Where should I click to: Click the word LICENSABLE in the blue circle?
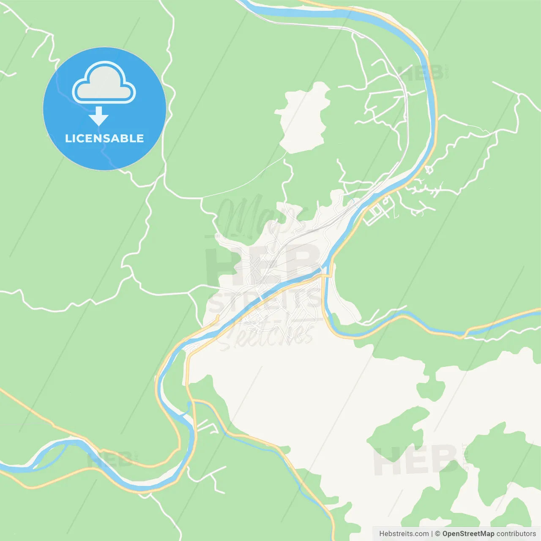[x=104, y=138]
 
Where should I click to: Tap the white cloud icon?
[x=104, y=83]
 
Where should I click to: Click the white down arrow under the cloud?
[x=98, y=116]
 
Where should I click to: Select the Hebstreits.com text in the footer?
[x=404, y=534]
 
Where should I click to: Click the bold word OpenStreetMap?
[x=468, y=534]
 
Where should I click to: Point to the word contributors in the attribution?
[x=516, y=534]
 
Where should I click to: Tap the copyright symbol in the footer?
[x=438, y=534]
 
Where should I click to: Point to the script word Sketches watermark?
[x=266, y=334]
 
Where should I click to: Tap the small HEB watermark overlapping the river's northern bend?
[x=421, y=73]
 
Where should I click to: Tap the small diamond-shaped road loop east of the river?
[x=429, y=170]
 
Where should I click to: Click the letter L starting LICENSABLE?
[x=68, y=138]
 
